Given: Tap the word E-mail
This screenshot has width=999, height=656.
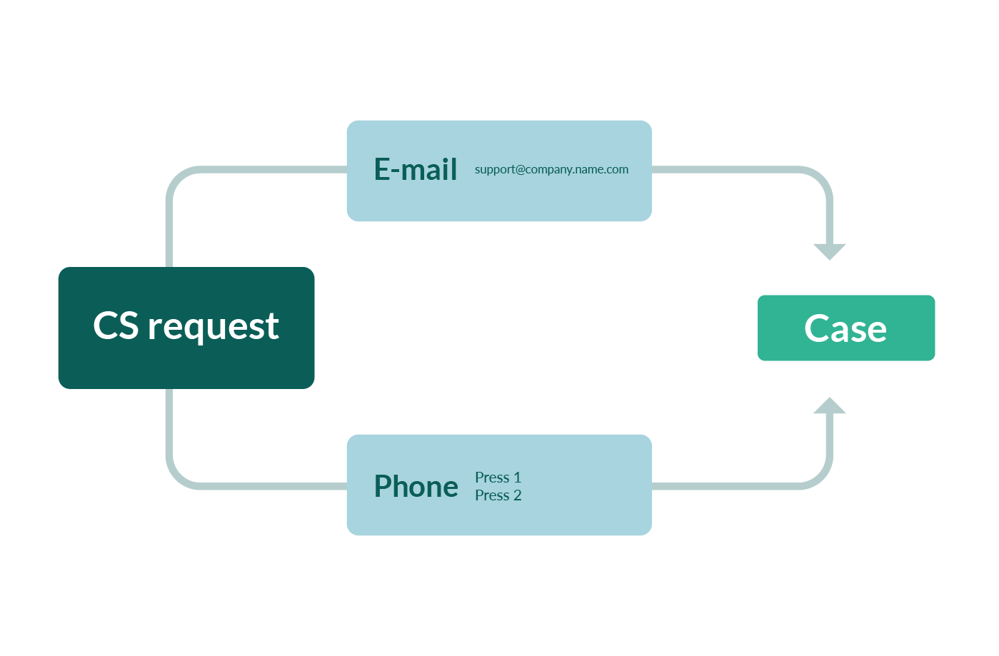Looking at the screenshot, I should click(416, 170).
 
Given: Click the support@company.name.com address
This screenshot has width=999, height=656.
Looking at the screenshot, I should click(551, 170).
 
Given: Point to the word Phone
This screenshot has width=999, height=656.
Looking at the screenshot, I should click(416, 486).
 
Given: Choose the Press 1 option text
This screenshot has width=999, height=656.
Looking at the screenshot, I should click(498, 478).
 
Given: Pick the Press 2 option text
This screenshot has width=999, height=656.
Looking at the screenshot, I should click(498, 495).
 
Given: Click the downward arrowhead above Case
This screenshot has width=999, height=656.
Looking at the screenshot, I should click(830, 251).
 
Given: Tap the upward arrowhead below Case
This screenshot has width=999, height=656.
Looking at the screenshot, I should click(830, 405).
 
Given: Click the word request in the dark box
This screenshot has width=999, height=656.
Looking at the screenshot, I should click(213, 327).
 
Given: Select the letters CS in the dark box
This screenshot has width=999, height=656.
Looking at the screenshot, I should click(116, 326).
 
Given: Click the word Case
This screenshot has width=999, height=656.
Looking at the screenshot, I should click(845, 328).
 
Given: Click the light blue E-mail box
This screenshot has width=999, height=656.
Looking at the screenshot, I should click(499, 200).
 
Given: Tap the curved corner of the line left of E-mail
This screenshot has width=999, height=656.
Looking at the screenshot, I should click(179, 180).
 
